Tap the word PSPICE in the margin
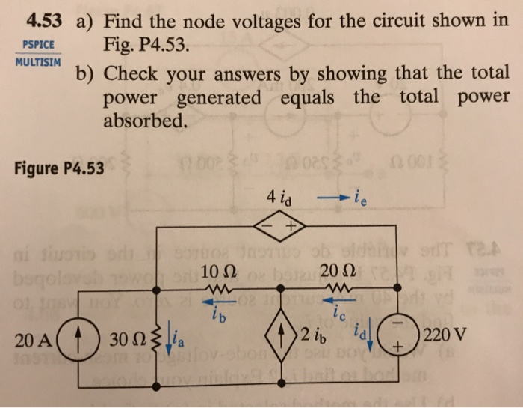(35, 44)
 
